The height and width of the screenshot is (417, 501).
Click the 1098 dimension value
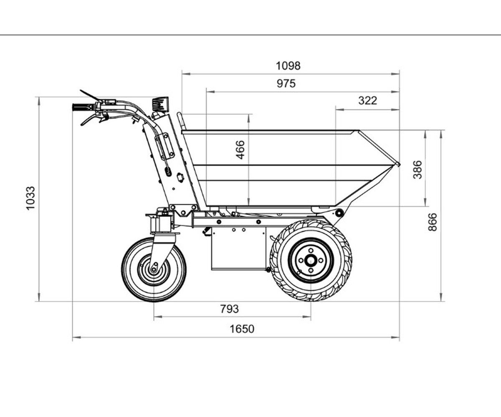288,65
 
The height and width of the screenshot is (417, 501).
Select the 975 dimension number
286,83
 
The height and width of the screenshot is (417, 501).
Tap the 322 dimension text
367,100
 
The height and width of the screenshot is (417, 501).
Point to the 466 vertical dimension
240,150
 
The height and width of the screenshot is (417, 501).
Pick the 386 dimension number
417,170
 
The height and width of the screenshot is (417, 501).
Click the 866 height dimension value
433,222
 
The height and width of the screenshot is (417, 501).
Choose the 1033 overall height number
30,198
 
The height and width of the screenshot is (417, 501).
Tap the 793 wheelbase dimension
229,309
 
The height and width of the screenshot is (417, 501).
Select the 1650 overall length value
242,329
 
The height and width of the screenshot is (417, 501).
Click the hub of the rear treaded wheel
311,260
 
